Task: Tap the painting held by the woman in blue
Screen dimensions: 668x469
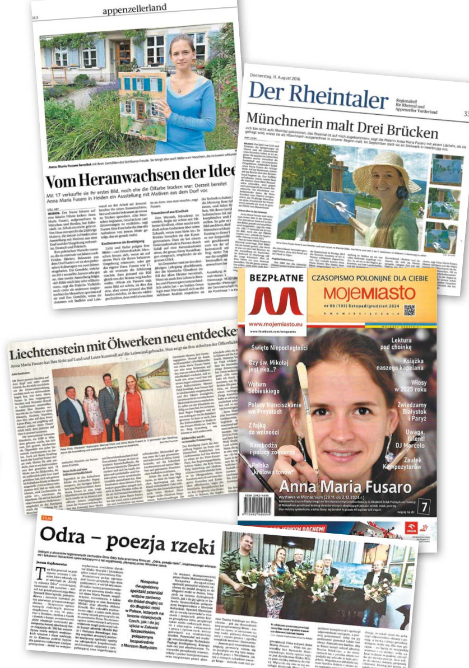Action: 142,104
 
